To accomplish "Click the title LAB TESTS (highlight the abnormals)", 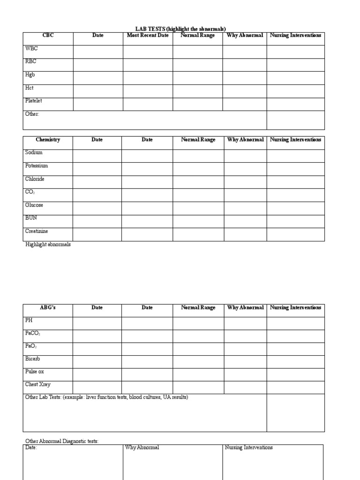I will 177,29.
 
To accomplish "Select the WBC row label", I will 31,48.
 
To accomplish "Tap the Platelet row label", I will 33,101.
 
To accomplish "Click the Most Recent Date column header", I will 148,36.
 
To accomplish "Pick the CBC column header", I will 48,36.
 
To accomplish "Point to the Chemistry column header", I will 48,140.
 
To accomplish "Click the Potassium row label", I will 37,166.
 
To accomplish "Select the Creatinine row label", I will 37,232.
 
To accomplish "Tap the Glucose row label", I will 34,205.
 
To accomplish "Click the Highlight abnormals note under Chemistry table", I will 48,245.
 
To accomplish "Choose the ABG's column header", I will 48,308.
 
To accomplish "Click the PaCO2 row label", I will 33,333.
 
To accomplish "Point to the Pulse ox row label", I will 35,372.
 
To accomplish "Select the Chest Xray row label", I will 37,385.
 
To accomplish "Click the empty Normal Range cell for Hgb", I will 197,78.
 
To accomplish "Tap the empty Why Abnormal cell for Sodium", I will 245,156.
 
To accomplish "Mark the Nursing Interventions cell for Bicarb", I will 295,361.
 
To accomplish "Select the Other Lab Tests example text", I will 107,397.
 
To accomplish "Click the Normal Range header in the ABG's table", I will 198,308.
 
